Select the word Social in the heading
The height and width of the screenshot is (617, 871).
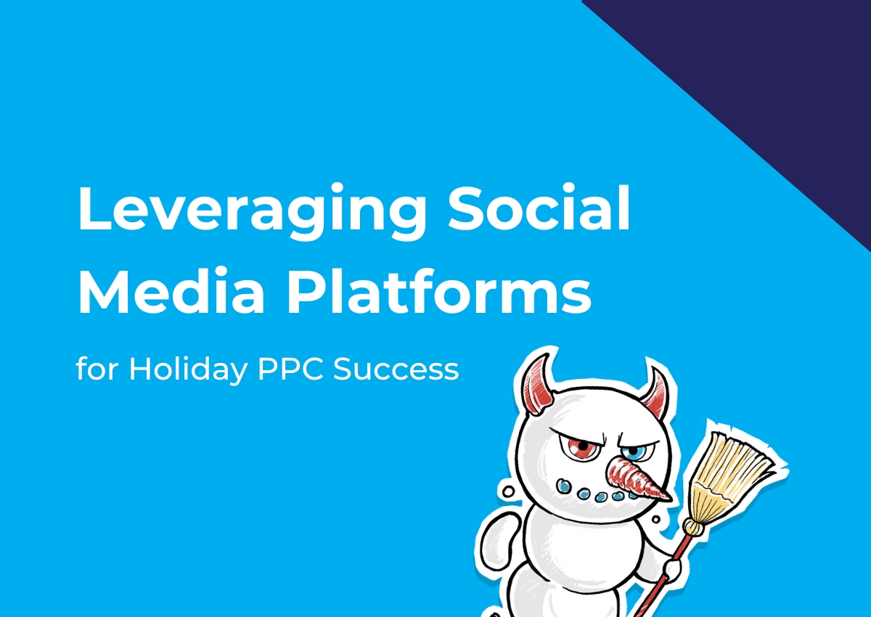pyautogui.click(x=539, y=207)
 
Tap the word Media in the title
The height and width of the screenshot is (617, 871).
pyautogui.click(x=171, y=289)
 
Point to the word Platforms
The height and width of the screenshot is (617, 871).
pyautogui.click(x=438, y=289)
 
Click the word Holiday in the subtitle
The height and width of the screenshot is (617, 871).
pyautogui.click(x=188, y=369)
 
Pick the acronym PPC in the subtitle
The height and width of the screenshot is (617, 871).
pyautogui.click(x=290, y=369)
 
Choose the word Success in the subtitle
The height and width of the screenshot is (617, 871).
pyautogui.click(x=396, y=369)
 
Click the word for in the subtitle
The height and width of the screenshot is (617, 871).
pyautogui.click(x=97, y=368)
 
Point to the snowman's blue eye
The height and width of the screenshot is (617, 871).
pyautogui.click(x=634, y=451)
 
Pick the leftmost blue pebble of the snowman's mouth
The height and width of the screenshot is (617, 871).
pyautogui.click(x=565, y=485)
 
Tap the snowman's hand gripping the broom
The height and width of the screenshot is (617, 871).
pyautogui.click(x=673, y=569)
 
